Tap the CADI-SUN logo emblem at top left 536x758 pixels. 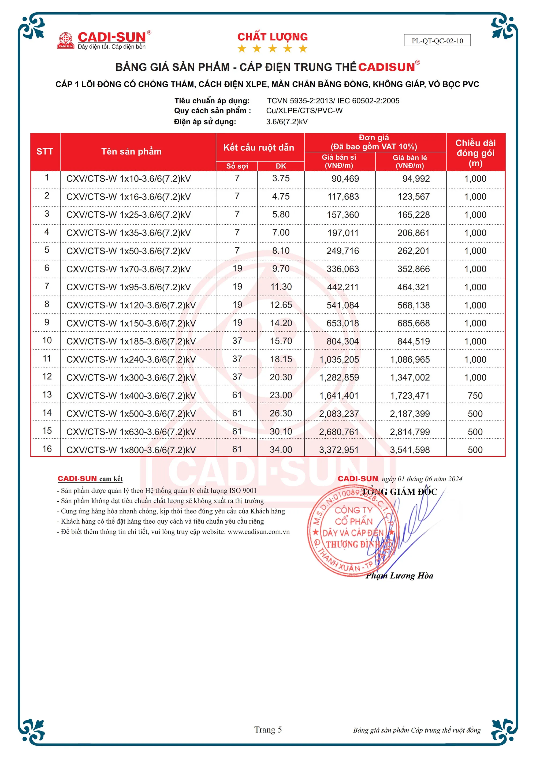click(65, 40)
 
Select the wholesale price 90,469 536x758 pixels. click(345, 179)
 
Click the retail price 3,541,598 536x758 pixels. click(410, 450)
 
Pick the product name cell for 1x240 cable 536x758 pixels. click(131, 359)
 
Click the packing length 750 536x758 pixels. click(475, 396)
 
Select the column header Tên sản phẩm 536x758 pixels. click(131, 152)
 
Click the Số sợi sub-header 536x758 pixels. click(237, 166)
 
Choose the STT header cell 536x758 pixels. click(45, 152)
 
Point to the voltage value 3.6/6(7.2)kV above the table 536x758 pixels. click(287, 122)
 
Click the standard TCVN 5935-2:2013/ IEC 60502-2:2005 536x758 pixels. click(333, 101)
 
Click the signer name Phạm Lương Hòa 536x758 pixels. click(399, 576)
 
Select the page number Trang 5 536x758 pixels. click(268, 730)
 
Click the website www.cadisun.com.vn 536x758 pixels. click(258, 532)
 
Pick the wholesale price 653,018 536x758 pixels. click(343, 323)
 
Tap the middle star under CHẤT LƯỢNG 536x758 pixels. click(273, 49)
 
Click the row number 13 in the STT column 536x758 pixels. click(47, 395)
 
